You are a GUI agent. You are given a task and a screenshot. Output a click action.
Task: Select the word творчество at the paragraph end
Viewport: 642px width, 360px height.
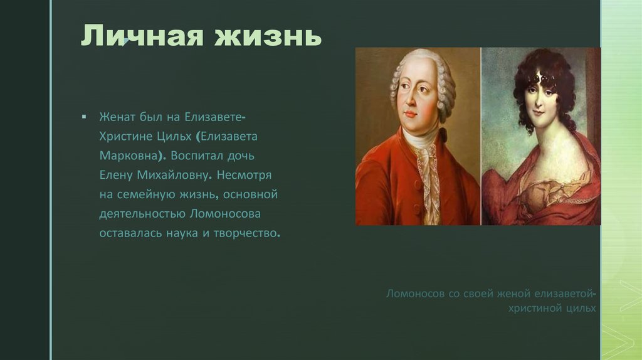pyautogui.click(x=248, y=233)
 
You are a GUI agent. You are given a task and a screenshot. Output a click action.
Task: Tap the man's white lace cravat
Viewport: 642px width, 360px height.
pyautogui.click(x=427, y=163)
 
